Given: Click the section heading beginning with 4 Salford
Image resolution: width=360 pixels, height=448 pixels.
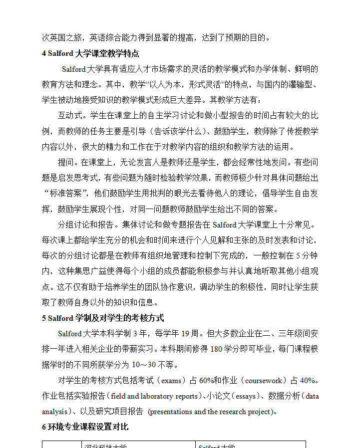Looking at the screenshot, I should (90, 53).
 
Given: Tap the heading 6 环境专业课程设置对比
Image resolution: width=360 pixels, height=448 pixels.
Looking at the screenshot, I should (85, 427).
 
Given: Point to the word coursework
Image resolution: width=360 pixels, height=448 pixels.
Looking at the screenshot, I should (265, 381).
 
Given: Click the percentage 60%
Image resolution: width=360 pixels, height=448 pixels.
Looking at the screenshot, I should (206, 381).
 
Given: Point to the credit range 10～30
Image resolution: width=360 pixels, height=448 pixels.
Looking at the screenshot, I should (146, 365).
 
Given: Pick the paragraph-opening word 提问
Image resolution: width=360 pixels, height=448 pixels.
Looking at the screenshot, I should (66, 162).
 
